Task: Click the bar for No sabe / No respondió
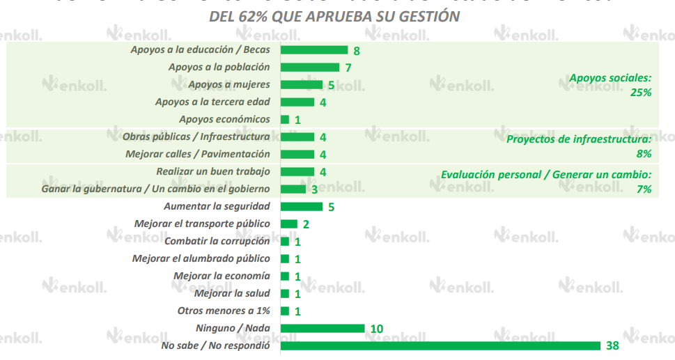tap(440, 345)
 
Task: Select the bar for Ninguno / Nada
tap(323, 328)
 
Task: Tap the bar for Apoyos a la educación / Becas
tap(313, 50)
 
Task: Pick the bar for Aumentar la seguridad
tap(302, 206)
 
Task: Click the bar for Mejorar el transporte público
tap(289, 224)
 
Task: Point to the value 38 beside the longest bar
tap(612, 345)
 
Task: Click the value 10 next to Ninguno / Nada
tap(378, 329)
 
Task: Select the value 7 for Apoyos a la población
tap(348, 68)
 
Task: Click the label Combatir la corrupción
tap(217, 242)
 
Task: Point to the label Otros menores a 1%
tap(224, 311)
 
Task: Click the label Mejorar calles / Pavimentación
tap(197, 155)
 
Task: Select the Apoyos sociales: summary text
tap(610, 79)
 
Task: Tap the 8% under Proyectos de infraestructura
tap(643, 153)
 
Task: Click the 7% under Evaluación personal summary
tap(643, 189)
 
